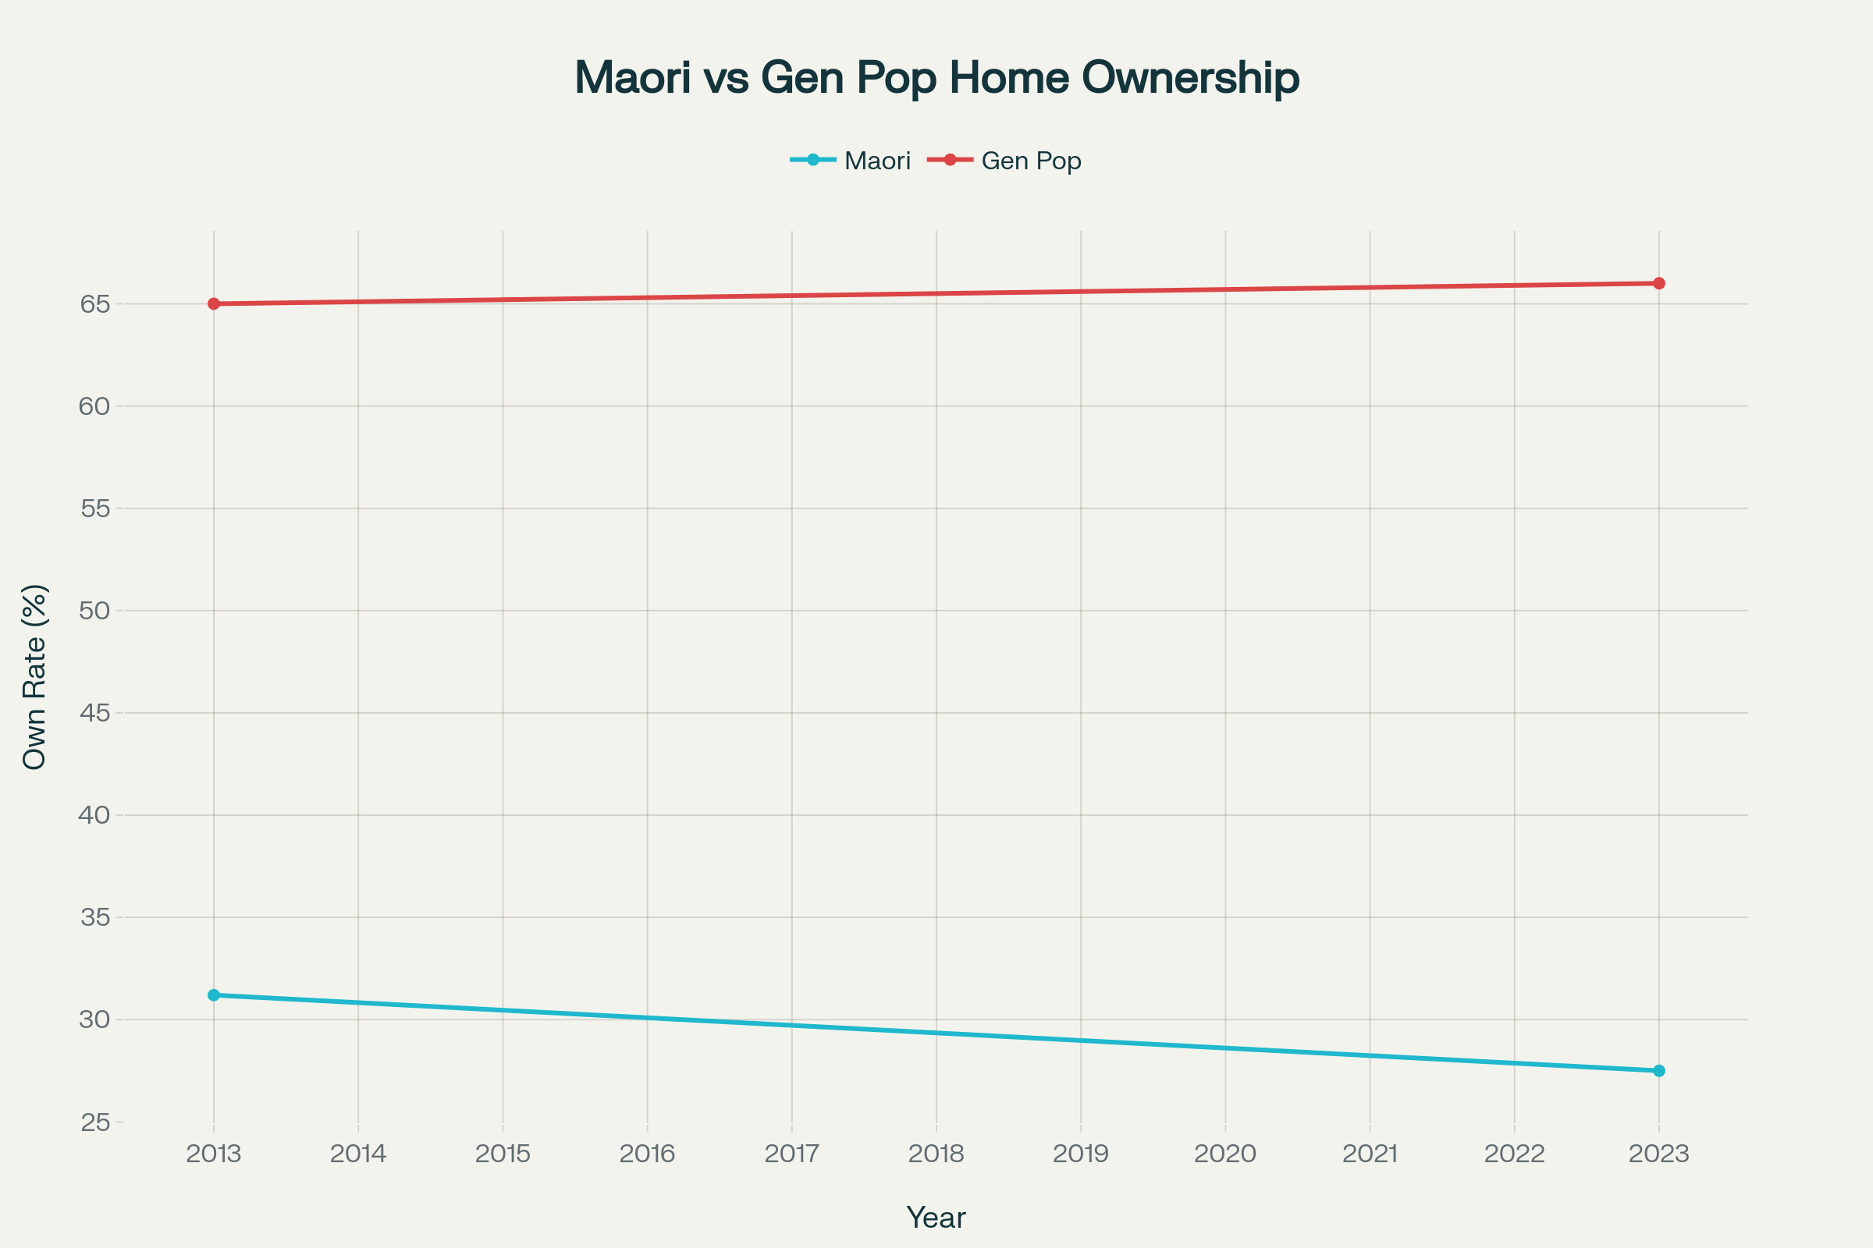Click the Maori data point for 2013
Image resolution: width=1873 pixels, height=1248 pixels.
coord(213,995)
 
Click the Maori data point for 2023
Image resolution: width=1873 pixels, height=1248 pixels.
coord(1659,1070)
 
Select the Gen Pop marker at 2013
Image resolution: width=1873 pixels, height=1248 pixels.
coord(213,304)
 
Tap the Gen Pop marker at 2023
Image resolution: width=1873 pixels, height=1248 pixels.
coord(1659,283)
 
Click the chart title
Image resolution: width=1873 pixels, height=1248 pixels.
coord(936,78)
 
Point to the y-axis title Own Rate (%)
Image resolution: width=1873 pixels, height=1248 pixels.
coord(35,676)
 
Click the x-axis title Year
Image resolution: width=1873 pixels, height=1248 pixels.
coord(936,1218)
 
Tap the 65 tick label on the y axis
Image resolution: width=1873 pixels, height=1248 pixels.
coord(94,304)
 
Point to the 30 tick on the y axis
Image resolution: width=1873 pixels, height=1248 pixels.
coord(94,1019)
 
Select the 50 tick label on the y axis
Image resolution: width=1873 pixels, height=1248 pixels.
coord(94,611)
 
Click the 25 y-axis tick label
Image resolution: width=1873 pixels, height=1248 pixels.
coord(94,1122)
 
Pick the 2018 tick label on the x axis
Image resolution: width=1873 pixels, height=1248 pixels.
coord(936,1154)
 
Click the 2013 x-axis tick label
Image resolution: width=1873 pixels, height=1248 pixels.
coord(213,1154)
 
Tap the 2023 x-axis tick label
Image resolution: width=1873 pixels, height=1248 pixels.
coord(1659,1154)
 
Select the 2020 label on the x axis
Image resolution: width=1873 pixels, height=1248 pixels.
coord(1224,1154)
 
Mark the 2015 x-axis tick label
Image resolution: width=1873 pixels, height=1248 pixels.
coord(503,1154)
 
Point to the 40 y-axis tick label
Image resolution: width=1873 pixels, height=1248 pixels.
coord(94,815)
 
